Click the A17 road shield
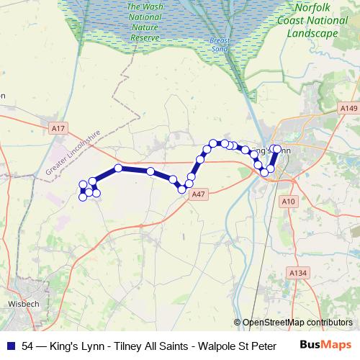[x=58, y=128]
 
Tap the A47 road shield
[x=199, y=194]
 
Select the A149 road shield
[x=349, y=108]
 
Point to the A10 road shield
[x=289, y=202]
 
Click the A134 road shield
[x=297, y=273]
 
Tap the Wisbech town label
[x=23, y=304]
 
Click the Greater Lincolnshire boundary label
[x=72, y=153]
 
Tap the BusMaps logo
[x=325, y=345]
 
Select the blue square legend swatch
[x=12, y=346]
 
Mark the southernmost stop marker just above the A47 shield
[x=181, y=189]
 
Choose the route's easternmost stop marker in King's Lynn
[x=277, y=149]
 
